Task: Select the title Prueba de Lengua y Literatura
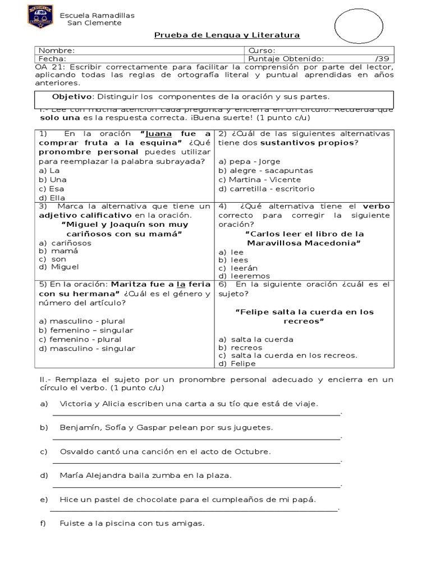click(x=227, y=35)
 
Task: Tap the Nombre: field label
click(x=56, y=50)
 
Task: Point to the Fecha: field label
click(x=52, y=58)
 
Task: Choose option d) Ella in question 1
click(x=52, y=198)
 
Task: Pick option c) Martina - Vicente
click(x=259, y=180)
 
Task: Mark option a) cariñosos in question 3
click(x=65, y=243)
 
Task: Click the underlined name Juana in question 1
click(x=159, y=134)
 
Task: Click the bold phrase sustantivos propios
click(x=319, y=143)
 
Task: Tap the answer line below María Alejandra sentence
click(x=196, y=486)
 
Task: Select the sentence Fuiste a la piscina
click(x=132, y=523)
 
